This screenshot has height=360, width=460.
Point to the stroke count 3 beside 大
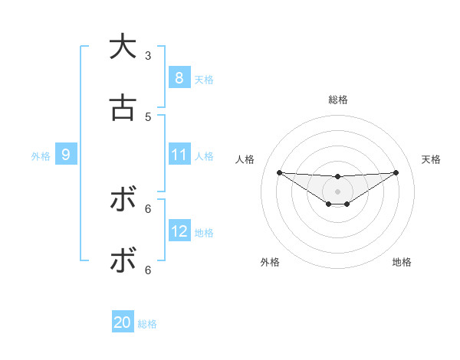[x=148, y=55]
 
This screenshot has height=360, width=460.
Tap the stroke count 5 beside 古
[x=148, y=116]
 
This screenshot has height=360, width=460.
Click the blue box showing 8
[x=179, y=77]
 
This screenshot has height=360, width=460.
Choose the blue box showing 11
[x=179, y=155]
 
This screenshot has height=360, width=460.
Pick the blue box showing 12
[x=179, y=231]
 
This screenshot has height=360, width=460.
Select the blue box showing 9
[x=66, y=155]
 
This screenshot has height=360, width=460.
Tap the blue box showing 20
[x=123, y=322]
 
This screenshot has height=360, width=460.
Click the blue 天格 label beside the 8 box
[x=204, y=79]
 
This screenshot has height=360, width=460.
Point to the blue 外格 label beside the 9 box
[x=41, y=156]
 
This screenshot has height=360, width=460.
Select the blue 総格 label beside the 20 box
[x=147, y=324]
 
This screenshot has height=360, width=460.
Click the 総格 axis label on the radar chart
[x=337, y=100]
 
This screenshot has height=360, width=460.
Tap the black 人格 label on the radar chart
[x=245, y=159]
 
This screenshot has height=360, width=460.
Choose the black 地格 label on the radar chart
[x=402, y=262]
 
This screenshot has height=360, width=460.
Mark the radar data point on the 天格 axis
[x=396, y=172]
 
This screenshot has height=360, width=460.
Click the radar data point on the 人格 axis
[x=279, y=172]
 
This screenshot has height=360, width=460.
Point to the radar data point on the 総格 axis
[x=337, y=177]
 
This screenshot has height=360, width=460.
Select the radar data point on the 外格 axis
[x=328, y=204]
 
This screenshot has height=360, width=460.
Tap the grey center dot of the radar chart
[x=337, y=191]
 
